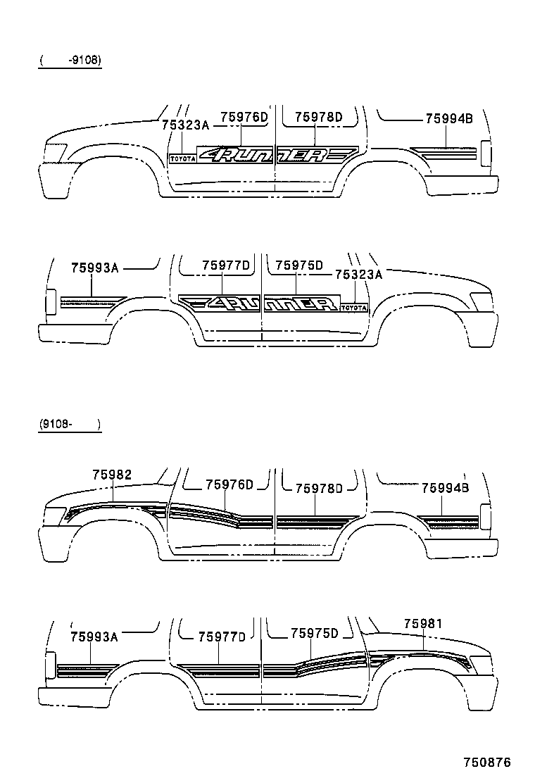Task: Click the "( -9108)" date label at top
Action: click(x=70, y=61)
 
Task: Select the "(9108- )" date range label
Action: click(x=70, y=425)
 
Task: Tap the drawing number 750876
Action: click(x=486, y=762)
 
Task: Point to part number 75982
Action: click(x=111, y=475)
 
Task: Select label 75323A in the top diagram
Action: click(x=185, y=125)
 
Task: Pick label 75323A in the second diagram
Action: click(x=358, y=275)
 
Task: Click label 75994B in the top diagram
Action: click(x=448, y=119)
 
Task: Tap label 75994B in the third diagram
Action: click(x=445, y=487)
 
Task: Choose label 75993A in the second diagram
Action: click(x=94, y=268)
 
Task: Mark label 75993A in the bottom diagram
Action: click(x=94, y=637)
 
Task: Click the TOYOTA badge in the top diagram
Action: click(x=182, y=158)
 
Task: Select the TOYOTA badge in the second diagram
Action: click(x=354, y=308)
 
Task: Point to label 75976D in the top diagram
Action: click(x=244, y=117)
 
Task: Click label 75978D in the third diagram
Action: click(x=318, y=488)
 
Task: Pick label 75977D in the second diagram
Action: click(x=225, y=265)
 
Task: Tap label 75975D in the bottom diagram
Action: click(x=315, y=634)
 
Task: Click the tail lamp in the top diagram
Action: click(x=485, y=155)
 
